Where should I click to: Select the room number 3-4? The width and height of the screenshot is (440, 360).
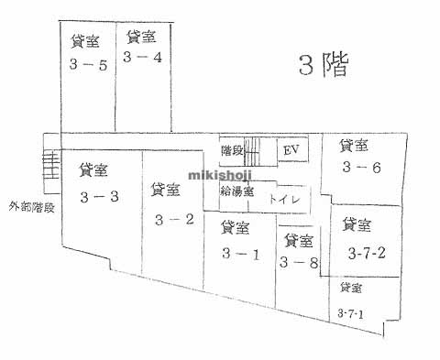pyautogui.click(x=142, y=57)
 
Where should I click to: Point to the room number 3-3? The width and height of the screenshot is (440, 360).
pyautogui.click(x=99, y=196)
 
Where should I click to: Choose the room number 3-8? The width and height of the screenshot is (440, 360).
pyautogui.click(x=299, y=263)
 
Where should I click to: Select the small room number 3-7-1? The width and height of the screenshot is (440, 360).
pyautogui.click(x=350, y=314)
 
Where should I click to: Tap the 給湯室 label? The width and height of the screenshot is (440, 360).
pyautogui.click(x=237, y=192)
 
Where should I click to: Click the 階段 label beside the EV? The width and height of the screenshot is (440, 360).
pyautogui.click(x=233, y=148)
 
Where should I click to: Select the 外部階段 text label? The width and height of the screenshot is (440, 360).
pyautogui.click(x=29, y=206)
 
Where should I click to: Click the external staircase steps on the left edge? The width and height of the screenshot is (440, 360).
pyautogui.click(x=51, y=169)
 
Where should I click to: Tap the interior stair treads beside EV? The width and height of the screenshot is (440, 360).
pyautogui.click(x=260, y=149)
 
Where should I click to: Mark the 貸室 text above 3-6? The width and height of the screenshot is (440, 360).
pyautogui.click(x=354, y=145)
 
